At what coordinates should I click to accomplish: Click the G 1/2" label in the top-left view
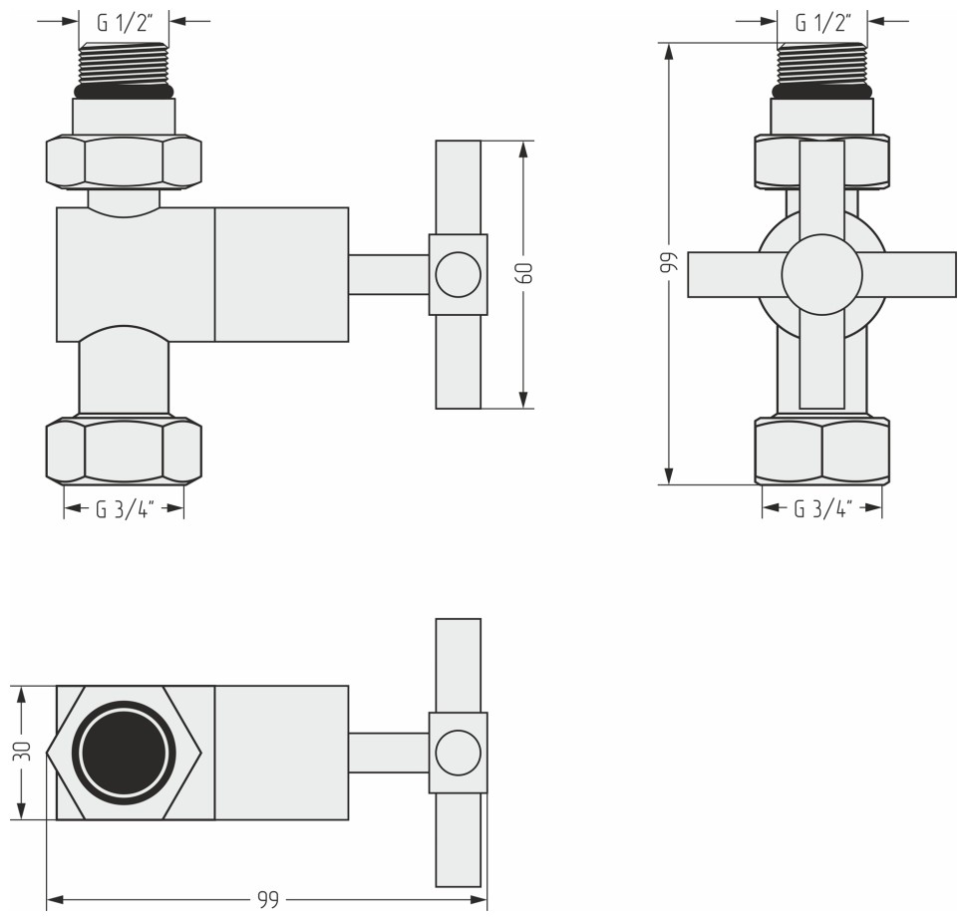(x=124, y=21)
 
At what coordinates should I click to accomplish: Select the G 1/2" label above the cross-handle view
(x=822, y=21)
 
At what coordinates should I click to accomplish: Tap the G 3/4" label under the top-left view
(x=124, y=509)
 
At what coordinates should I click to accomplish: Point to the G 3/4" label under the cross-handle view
(x=822, y=509)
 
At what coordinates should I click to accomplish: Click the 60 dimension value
(x=524, y=274)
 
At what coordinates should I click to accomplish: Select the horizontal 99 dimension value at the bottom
(x=266, y=900)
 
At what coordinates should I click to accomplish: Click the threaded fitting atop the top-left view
(x=124, y=63)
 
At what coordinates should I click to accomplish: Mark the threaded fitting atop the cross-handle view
(x=822, y=63)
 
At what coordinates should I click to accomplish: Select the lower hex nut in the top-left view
(x=124, y=451)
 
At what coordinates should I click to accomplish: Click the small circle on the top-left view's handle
(x=458, y=274)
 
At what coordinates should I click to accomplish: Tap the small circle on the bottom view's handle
(x=458, y=753)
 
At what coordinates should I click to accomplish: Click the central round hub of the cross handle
(x=821, y=275)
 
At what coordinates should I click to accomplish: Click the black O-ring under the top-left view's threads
(x=124, y=91)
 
